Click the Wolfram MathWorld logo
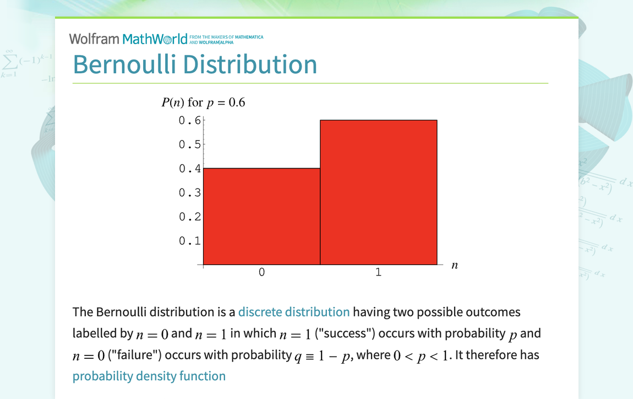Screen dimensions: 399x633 128,39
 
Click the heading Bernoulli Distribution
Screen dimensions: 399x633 195,64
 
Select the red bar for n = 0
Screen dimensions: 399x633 261,216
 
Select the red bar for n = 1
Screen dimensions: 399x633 379,192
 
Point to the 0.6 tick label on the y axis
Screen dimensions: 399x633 189,120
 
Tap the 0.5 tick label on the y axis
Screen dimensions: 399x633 189,144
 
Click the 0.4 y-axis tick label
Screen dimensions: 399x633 189,169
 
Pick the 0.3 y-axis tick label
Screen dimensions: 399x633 189,193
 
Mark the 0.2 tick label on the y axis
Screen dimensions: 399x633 189,217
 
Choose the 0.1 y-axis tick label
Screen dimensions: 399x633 189,241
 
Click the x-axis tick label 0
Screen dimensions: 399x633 261,272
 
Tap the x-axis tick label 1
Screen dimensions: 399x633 379,272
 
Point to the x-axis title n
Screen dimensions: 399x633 455,265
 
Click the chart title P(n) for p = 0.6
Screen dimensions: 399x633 203,103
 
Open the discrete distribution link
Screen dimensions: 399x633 294,312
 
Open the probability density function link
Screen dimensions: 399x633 149,376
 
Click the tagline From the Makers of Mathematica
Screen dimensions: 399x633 226,37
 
